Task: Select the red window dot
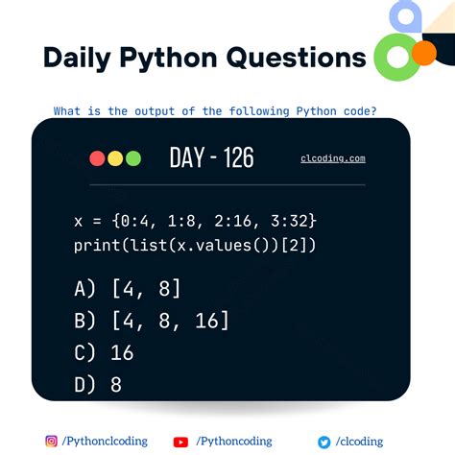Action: [x=97, y=158]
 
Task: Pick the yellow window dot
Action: [x=115, y=158]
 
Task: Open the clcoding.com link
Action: [x=332, y=158]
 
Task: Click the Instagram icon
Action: [x=51, y=441]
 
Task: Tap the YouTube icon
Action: [x=180, y=442]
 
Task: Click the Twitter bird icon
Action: [x=324, y=442]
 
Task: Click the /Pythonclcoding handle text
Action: [x=105, y=442]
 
